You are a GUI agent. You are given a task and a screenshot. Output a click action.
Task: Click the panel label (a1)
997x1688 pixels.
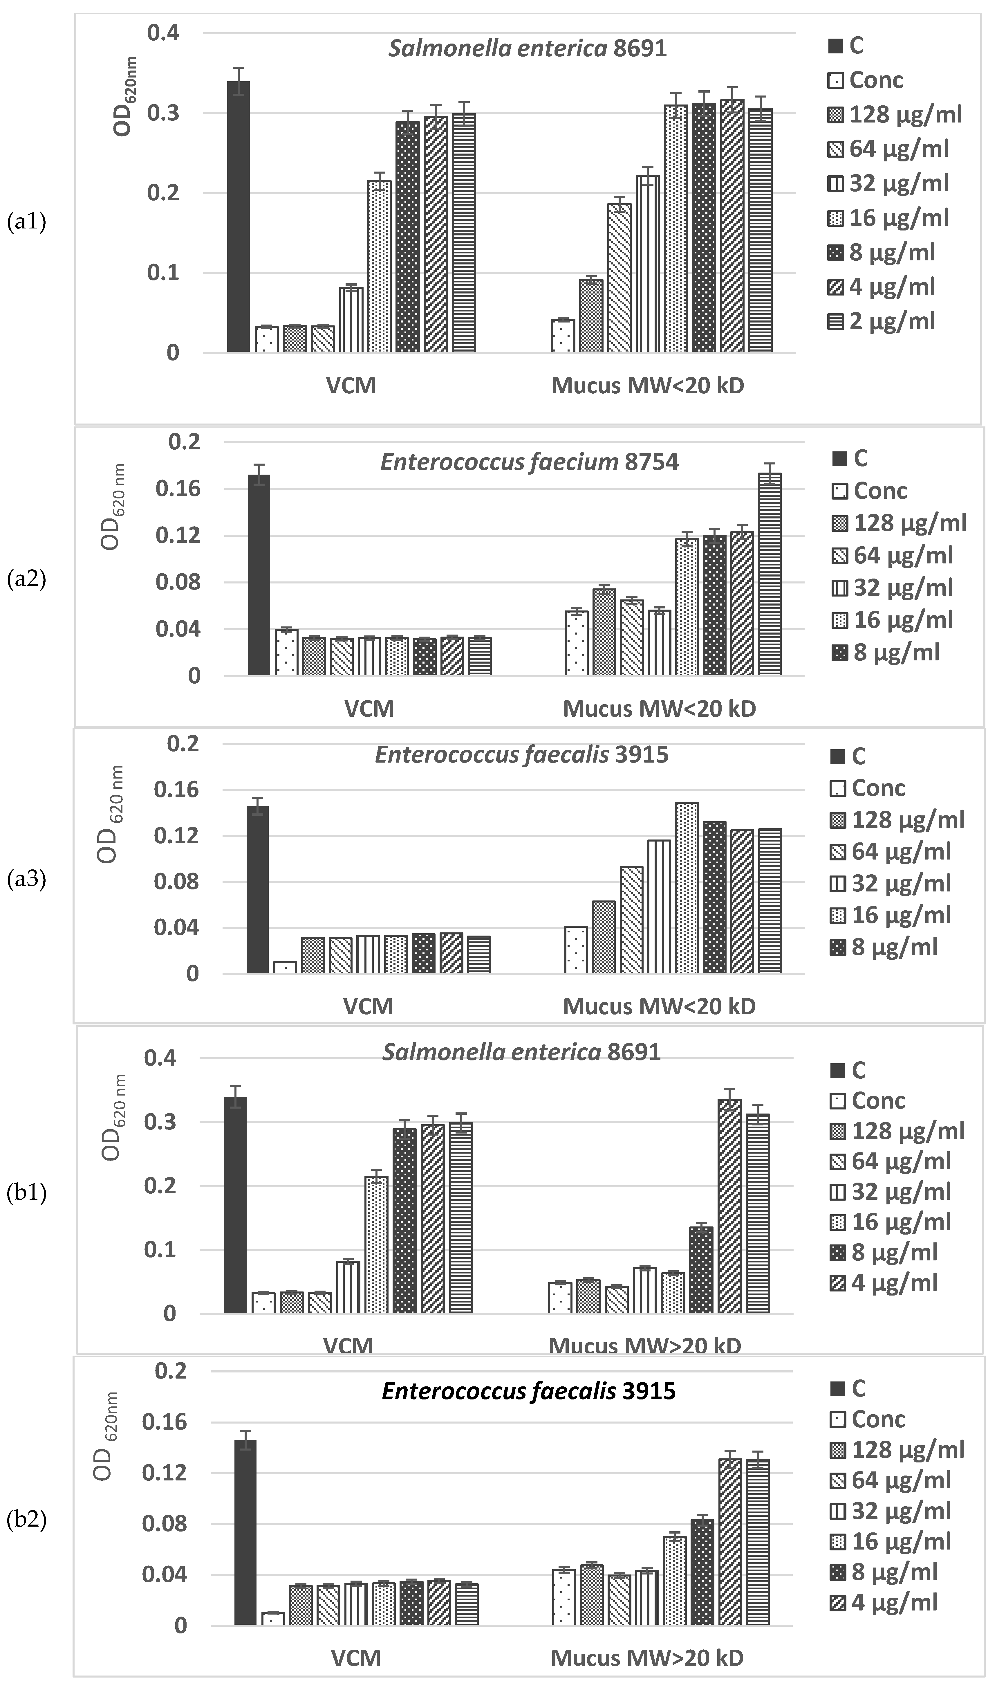coord(26,222)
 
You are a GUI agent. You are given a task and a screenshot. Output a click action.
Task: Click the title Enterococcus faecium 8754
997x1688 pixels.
coord(530,462)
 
